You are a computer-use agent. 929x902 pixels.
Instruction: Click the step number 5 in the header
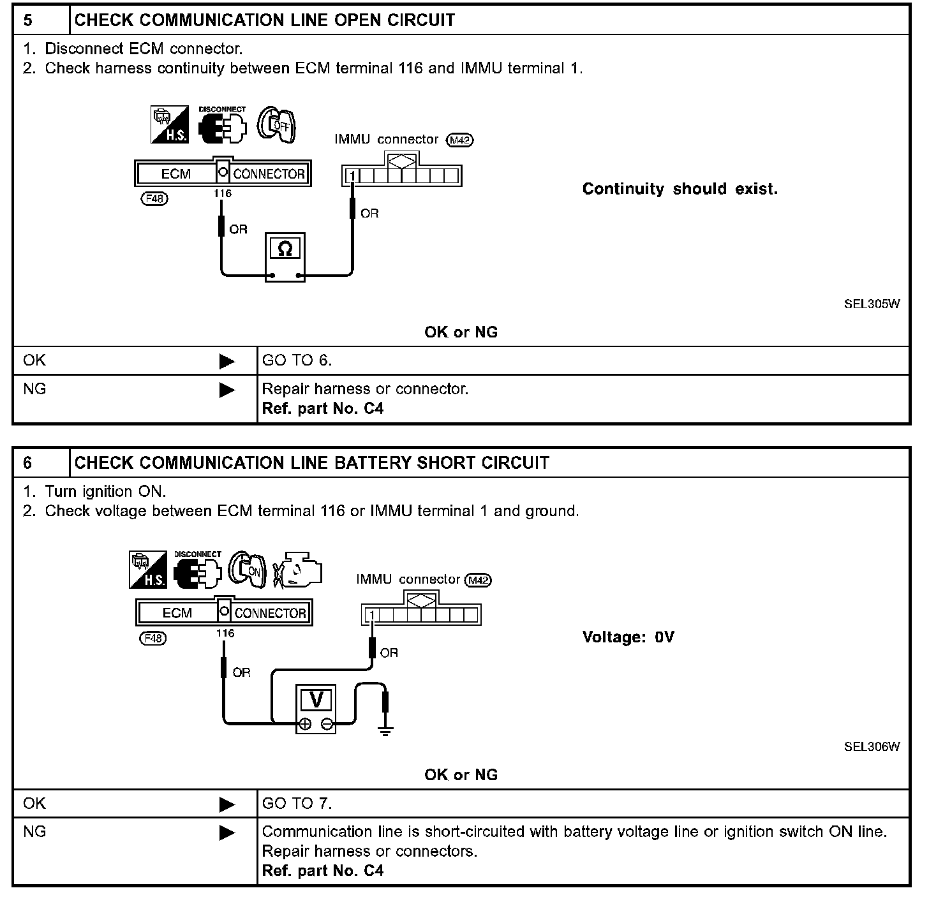click(28, 20)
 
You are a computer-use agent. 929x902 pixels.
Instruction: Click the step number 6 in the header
click(28, 462)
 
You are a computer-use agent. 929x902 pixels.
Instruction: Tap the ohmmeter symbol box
click(285, 248)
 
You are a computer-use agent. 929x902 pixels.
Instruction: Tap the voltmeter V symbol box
click(316, 700)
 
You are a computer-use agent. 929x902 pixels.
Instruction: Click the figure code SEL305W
click(872, 304)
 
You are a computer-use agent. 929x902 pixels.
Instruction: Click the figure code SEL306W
click(872, 746)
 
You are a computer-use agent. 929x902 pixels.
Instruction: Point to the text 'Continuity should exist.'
click(680, 189)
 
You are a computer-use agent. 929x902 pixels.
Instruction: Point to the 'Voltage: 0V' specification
click(628, 637)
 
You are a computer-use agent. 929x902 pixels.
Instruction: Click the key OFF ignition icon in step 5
click(277, 124)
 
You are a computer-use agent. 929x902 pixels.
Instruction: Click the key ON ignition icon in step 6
click(248, 568)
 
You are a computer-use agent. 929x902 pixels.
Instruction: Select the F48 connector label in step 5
click(154, 198)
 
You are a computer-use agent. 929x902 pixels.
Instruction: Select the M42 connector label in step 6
click(479, 580)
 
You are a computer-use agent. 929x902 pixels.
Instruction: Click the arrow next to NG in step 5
click(227, 390)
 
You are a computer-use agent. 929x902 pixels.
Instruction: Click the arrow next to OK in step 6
click(227, 804)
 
